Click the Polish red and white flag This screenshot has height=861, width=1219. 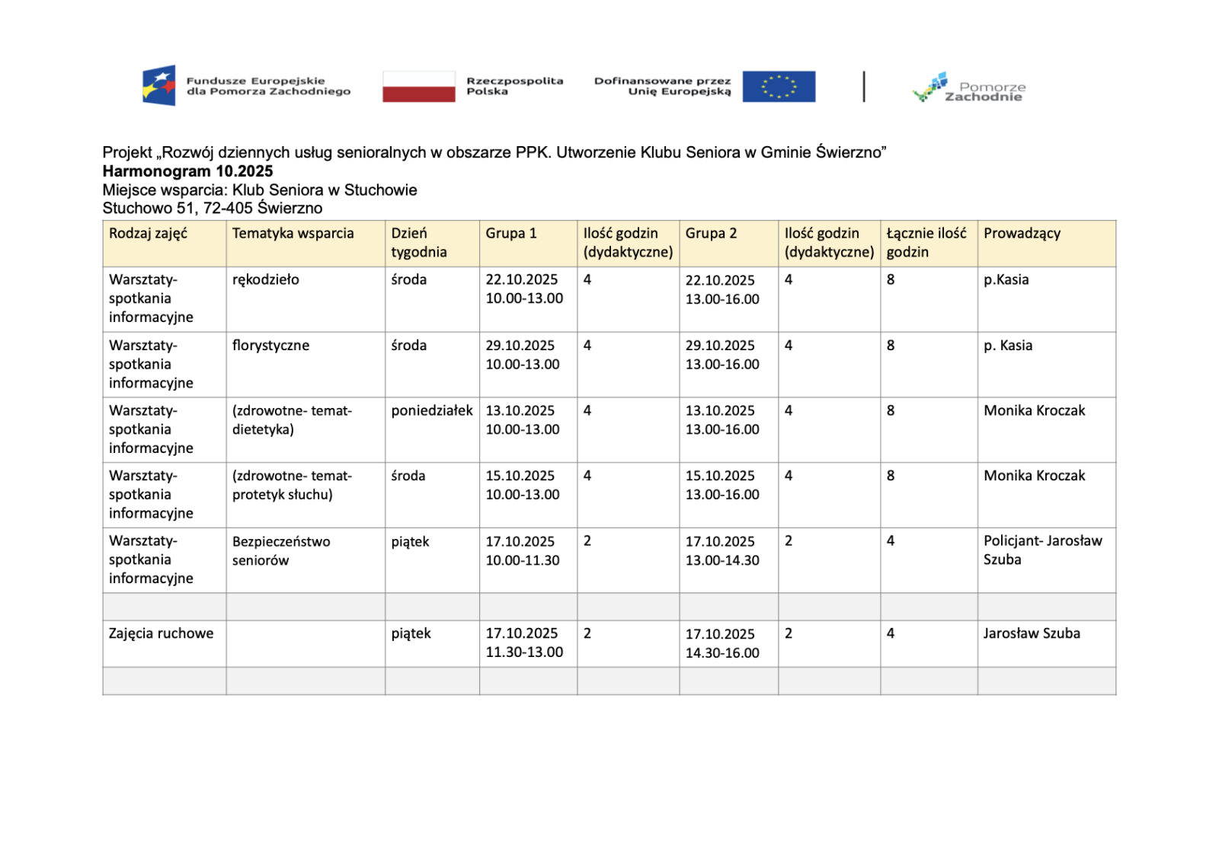tap(418, 86)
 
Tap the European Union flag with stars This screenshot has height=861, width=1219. tap(778, 86)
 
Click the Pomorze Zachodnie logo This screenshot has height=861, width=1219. tap(968, 88)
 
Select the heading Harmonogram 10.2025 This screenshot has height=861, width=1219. tap(187, 171)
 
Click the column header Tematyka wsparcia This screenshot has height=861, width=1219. tap(293, 234)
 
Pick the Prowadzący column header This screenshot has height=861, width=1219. tap(1022, 234)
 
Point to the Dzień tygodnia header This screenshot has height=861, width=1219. tap(418, 243)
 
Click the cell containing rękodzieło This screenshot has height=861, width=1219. tap(266, 280)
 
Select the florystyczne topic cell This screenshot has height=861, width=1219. tap(270, 346)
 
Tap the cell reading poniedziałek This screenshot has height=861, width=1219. tap(432, 411)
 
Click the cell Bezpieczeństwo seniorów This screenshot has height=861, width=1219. tap(281, 550)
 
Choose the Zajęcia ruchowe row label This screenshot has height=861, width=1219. tap(162, 633)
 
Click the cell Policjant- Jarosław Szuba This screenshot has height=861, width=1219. tap(1042, 550)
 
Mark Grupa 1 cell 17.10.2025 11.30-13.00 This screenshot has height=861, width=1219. tap(524, 643)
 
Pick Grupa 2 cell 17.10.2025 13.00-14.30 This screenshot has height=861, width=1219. tap(721, 550)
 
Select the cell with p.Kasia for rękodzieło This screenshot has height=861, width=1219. tap(1006, 280)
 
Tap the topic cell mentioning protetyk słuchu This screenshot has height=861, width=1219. tap(292, 485)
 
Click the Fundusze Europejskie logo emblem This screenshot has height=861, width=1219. tap(159, 85)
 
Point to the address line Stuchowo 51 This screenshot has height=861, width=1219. tap(213, 209)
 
